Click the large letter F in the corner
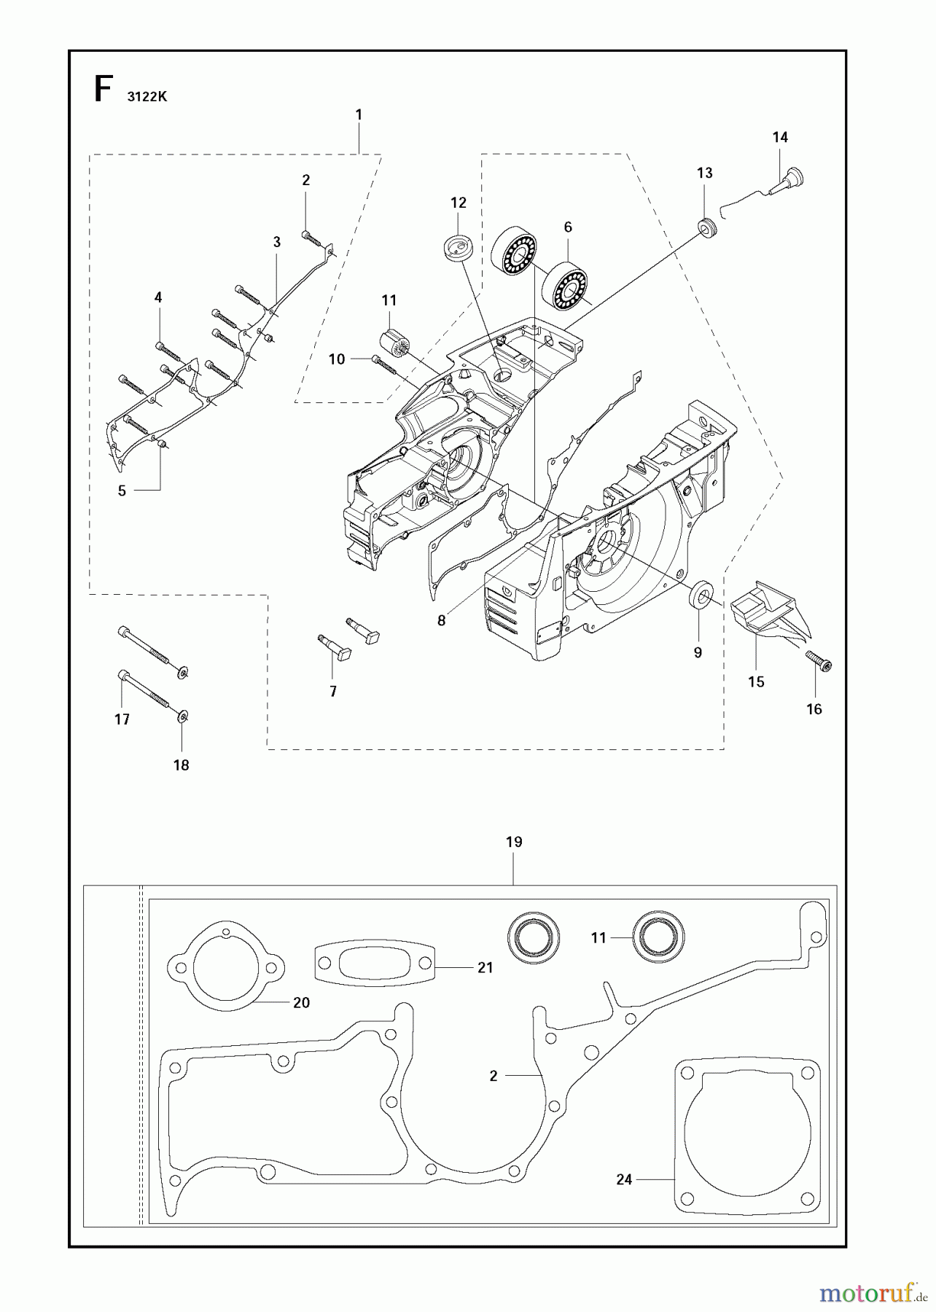tap(104, 90)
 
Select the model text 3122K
tap(147, 97)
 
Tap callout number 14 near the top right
tap(780, 137)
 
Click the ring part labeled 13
tap(706, 227)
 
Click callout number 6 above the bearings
tap(568, 227)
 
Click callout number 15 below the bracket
tap(756, 682)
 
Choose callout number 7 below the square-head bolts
tap(333, 691)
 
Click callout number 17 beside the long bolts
tap(122, 719)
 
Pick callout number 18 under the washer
tap(181, 765)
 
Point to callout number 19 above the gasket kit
tap(514, 842)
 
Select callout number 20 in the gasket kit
tap(301, 1003)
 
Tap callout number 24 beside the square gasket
tap(624, 1179)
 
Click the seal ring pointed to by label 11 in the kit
tap(658, 937)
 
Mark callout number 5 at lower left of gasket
tap(122, 491)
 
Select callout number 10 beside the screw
tap(337, 359)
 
